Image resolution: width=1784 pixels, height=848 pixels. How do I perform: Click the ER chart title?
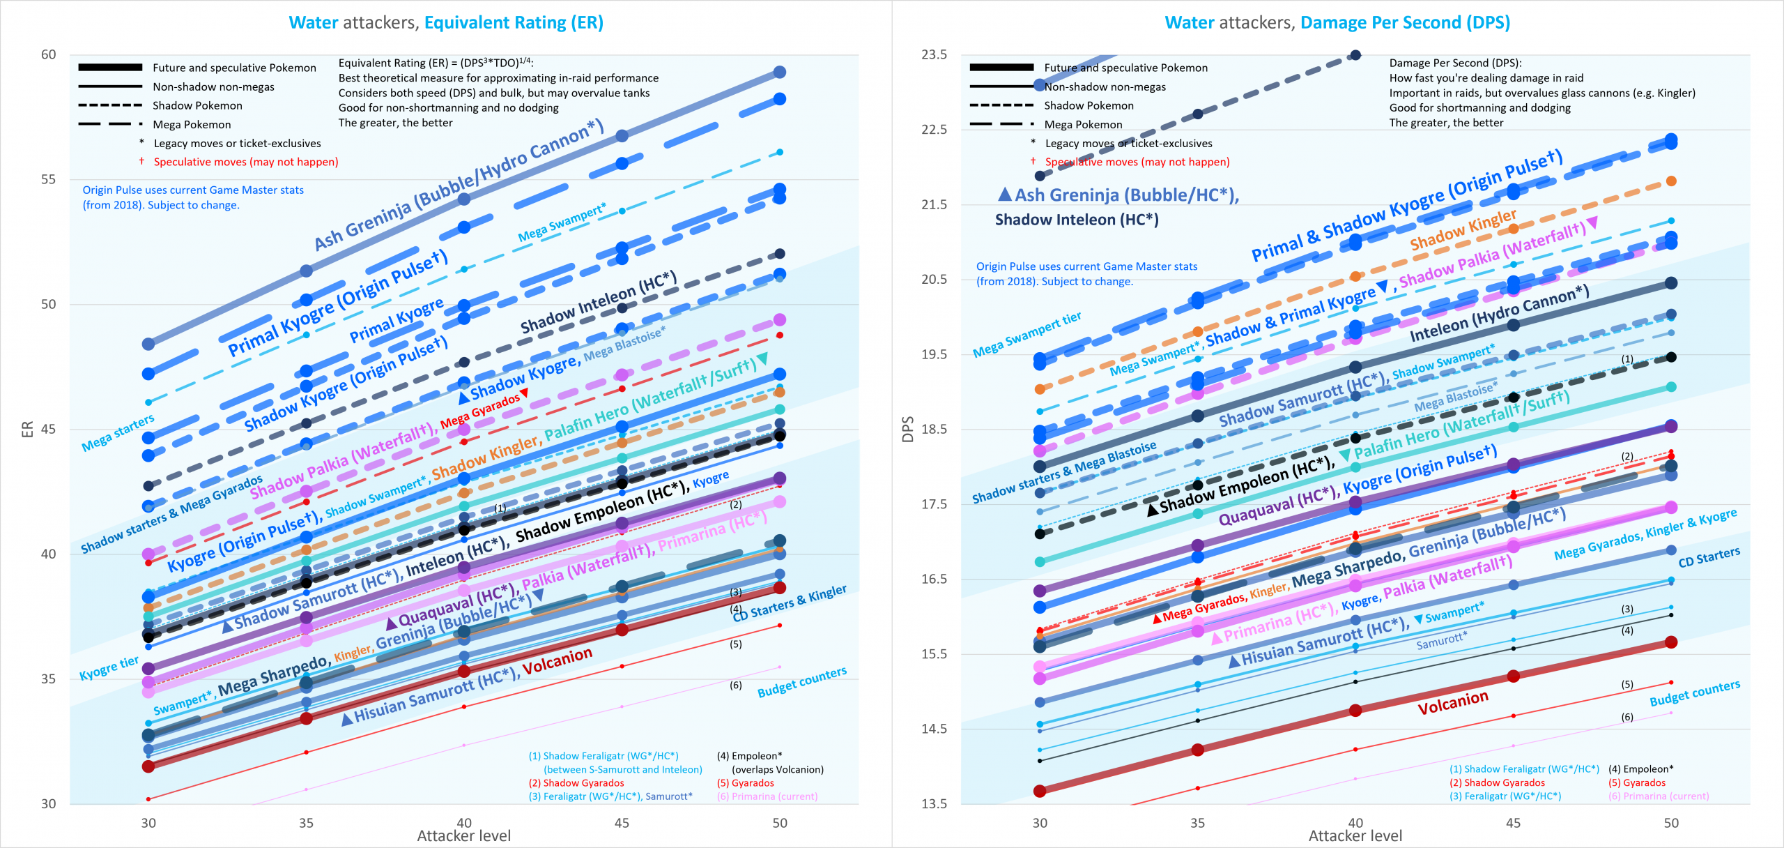click(x=446, y=22)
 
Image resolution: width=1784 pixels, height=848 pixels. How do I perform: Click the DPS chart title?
click(x=1337, y=22)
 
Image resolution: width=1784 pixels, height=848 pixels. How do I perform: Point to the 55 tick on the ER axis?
click(x=48, y=179)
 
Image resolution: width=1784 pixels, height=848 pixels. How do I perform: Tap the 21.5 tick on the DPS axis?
click(x=934, y=204)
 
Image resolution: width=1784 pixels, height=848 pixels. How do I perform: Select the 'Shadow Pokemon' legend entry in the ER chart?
click(x=197, y=105)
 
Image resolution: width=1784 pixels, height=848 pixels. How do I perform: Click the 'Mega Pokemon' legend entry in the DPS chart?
click(x=1083, y=124)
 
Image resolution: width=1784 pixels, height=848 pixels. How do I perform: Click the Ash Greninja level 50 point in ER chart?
click(x=780, y=72)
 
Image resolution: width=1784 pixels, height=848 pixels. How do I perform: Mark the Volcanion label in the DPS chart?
click(x=1453, y=702)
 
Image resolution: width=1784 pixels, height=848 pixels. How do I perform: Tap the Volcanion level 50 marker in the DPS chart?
click(x=1671, y=642)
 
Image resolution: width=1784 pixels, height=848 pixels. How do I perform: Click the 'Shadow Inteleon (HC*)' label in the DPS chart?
click(x=1077, y=220)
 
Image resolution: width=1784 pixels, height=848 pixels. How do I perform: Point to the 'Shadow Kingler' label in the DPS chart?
click(x=1463, y=229)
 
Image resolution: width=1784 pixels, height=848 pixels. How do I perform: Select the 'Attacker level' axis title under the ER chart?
click(x=463, y=835)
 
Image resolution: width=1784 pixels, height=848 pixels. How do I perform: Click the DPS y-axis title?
click(x=907, y=429)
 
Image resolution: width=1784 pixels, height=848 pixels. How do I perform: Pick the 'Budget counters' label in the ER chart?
click(x=801, y=681)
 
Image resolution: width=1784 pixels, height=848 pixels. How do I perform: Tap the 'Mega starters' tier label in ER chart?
click(x=118, y=433)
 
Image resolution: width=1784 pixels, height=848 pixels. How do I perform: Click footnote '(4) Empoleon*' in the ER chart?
click(x=749, y=755)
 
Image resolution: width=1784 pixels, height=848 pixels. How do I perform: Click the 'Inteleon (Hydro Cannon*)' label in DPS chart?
click(x=1499, y=313)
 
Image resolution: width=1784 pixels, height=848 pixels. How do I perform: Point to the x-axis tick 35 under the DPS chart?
click(x=1197, y=822)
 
